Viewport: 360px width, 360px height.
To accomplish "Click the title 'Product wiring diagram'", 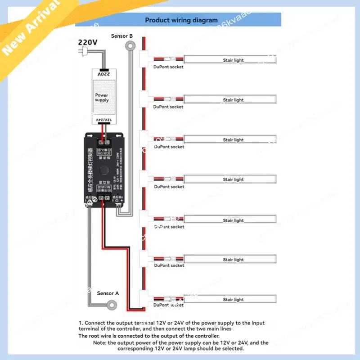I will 181,20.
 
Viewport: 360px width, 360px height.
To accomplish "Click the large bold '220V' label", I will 88,42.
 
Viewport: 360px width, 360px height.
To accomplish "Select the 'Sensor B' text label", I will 121,36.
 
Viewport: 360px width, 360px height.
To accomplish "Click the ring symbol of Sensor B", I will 131,45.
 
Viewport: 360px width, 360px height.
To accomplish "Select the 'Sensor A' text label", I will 108,293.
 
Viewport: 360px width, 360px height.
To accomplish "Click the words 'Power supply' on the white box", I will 102,98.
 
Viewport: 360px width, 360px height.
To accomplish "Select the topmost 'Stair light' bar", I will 230,60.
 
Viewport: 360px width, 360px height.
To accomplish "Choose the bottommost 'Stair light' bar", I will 230,299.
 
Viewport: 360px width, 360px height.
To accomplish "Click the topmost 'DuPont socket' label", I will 168,67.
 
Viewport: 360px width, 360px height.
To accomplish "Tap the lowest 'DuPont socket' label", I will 168,305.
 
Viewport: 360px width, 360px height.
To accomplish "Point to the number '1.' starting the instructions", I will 81,323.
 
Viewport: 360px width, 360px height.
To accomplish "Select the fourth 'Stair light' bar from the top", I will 230,180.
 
